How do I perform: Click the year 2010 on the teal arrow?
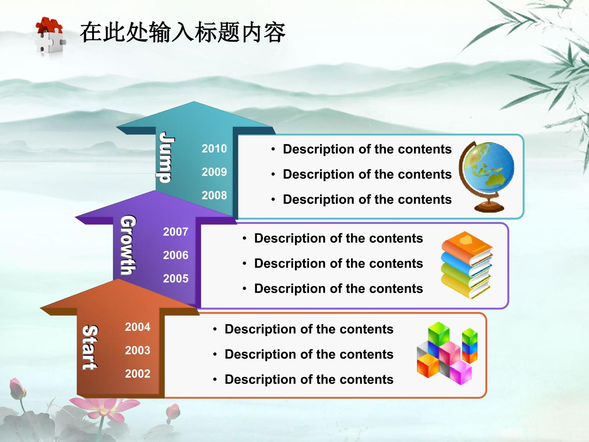click(x=214, y=149)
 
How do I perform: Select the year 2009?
click(x=214, y=172)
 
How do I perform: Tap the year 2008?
click(x=214, y=195)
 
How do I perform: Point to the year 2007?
click(x=176, y=232)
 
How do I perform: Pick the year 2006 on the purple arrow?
click(x=176, y=255)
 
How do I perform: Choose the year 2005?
click(x=176, y=279)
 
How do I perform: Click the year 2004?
click(x=137, y=327)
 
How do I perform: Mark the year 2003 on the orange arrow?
click(x=137, y=350)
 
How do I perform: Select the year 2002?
click(x=137, y=374)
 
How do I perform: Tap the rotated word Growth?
click(x=128, y=245)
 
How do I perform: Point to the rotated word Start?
click(x=90, y=347)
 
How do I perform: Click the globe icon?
click(x=487, y=176)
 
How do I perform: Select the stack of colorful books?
click(x=467, y=265)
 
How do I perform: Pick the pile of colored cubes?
click(x=447, y=354)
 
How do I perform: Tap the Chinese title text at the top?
click(x=183, y=33)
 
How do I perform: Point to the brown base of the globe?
click(x=489, y=207)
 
